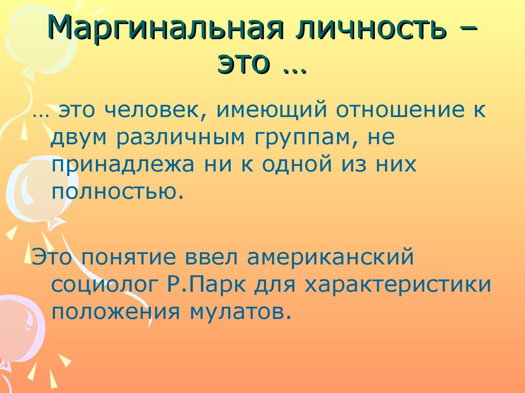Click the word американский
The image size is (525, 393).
[330, 257]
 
